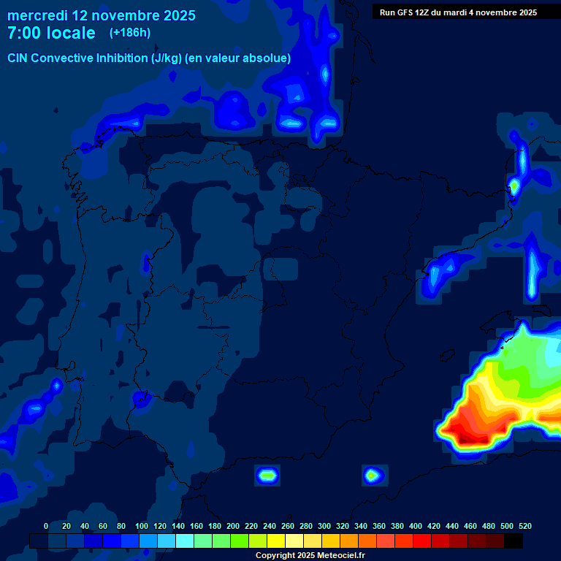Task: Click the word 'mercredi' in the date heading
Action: [37, 15]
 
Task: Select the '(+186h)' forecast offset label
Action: [129, 33]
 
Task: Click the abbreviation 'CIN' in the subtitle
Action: [19, 58]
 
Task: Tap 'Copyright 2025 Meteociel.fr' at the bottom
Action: [310, 556]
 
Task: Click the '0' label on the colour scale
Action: [46, 526]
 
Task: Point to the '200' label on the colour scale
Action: [233, 526]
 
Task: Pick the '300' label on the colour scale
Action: [324, 526]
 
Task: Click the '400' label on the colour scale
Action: [416, 526]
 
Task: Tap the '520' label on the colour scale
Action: [524, 526]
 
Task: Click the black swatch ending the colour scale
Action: [513, 541]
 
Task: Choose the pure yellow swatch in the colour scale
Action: [275, 541]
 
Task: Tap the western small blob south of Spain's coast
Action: [267, 476]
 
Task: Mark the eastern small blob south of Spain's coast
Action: [373, 476]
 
